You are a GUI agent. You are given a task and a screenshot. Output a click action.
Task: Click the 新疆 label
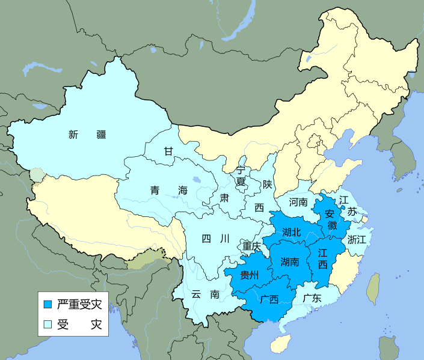click(x=87, y=135)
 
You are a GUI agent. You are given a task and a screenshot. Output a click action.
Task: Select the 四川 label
click(x=215, y=239)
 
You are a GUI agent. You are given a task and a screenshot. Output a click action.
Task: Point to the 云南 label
click(x=206, y=294)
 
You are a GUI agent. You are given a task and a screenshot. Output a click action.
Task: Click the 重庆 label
click(x=251, y=246)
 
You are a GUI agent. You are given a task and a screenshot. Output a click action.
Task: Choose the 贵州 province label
click(x=249, y=275)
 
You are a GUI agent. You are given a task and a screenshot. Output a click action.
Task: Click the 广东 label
click(x=312, y=297)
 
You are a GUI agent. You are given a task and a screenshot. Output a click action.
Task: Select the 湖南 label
click(x=290, y=261)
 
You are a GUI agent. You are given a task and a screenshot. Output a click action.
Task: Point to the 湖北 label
click(x=291, y=231)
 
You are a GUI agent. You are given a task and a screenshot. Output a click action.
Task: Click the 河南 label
click(x=298, y=202)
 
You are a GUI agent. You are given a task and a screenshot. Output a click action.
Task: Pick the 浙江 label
click(x=356, y=239)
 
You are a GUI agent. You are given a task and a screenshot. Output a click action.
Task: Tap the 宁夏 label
click(x=241, y=176)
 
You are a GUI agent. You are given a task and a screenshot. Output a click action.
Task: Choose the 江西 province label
click(x=322, y=258)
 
